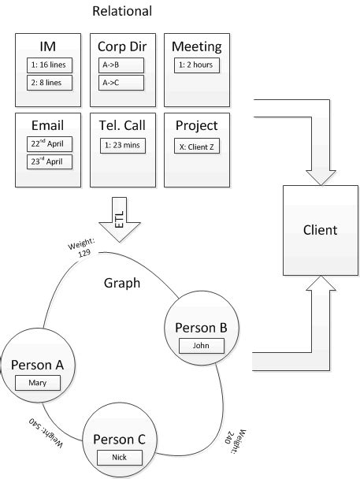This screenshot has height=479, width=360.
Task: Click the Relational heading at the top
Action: (122, 11)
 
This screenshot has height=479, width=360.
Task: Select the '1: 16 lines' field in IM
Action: (49, 65)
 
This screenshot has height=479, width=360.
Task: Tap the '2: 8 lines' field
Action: (49, 83)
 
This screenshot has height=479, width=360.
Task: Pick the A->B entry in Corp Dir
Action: (122, 65)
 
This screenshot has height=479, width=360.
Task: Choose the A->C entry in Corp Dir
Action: (122, 83)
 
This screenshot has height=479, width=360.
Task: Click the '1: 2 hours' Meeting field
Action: (196, 65)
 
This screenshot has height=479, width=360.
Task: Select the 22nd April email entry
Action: (49, 144)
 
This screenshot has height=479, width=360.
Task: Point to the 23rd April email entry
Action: (49, 162)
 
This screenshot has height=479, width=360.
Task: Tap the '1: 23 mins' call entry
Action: (122, 145)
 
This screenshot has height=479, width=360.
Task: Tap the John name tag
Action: (202, 345)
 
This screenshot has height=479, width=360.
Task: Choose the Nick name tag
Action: (120, 457)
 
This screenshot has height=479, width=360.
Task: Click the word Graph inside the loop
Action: (122, 283)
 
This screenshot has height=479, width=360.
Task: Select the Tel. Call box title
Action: (122, 125)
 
